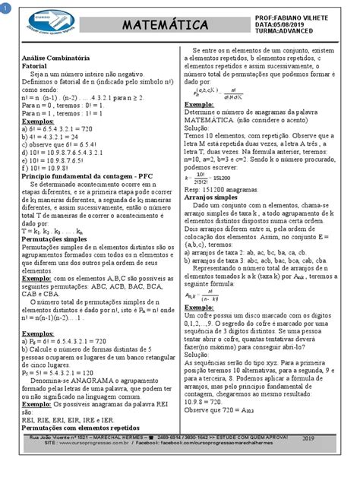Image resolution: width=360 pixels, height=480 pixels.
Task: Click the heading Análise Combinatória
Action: pos(58,58)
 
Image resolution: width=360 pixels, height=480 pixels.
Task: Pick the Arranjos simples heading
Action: pos(212,195)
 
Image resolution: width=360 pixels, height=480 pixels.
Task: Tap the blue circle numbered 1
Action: pos(5,6)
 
